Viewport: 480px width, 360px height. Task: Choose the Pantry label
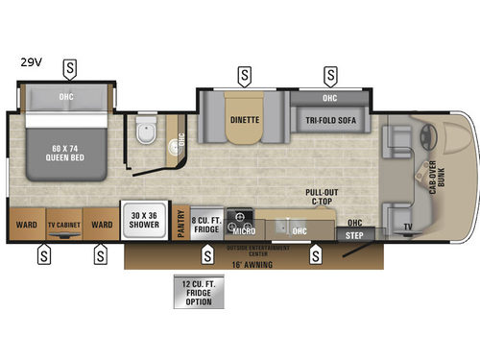coord(181,224)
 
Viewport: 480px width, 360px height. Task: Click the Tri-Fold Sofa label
coord(329,121)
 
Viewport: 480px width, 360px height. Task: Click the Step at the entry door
coord(354,233)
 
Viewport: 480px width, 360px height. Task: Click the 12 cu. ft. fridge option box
coord(197,292)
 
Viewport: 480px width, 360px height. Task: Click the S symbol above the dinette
coord(247,73)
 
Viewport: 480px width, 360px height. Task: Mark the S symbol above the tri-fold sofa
coord(330,73)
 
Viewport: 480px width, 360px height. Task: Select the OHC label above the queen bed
coord(65,95)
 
